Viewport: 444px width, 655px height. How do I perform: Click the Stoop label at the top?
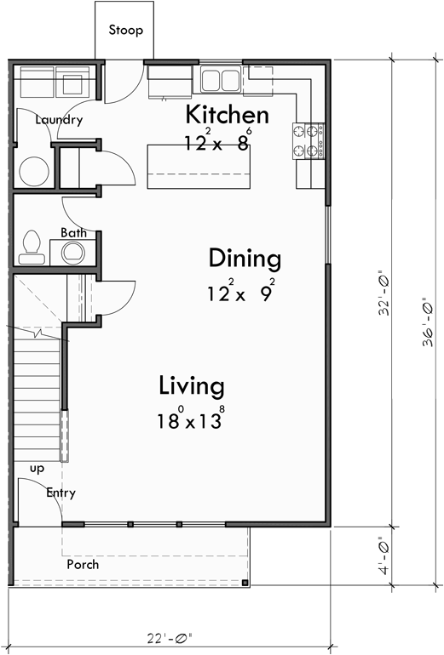pyautogui.click(x=125, y=31)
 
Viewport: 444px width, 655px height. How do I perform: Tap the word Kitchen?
pyautogui.click(x=227, y=115)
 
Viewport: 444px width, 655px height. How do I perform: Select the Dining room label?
pyautogui.click(x=245, y=258)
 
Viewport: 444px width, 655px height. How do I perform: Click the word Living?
pyautogui.click(x=192, y=386)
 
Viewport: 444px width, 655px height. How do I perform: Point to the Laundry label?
pyautogui.click(x=59, y=120)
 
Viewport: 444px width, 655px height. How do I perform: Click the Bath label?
pyautogui.click(x=72, y=232)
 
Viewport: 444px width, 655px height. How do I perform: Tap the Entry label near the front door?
pyautogui.click(x=61, y=493)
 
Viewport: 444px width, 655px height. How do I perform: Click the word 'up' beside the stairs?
pyautogui.click(x=37, y=469)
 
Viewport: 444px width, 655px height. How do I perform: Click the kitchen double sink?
pyautogui.click(x=221, y=80)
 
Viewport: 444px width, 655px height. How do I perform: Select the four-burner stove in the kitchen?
pyautogui.click(x=308, y=140)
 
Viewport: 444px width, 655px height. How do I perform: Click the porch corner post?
pyautogui.click(x=245, y=583)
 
